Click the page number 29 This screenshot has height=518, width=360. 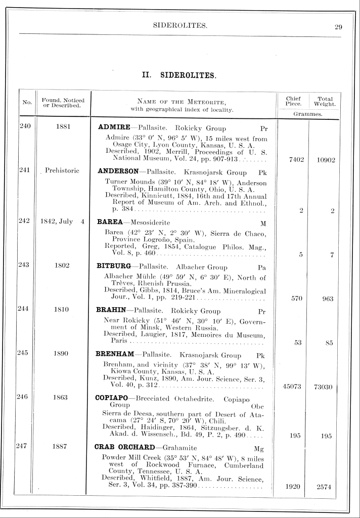coord(339,27)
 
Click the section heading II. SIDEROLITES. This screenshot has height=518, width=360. coord(180,76)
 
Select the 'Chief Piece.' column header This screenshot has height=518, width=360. coord(293,102)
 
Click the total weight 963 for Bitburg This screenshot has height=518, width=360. coord(327,298)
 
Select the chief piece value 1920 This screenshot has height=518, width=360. coord(293,487)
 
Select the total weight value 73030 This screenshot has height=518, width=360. coord(327,388)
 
